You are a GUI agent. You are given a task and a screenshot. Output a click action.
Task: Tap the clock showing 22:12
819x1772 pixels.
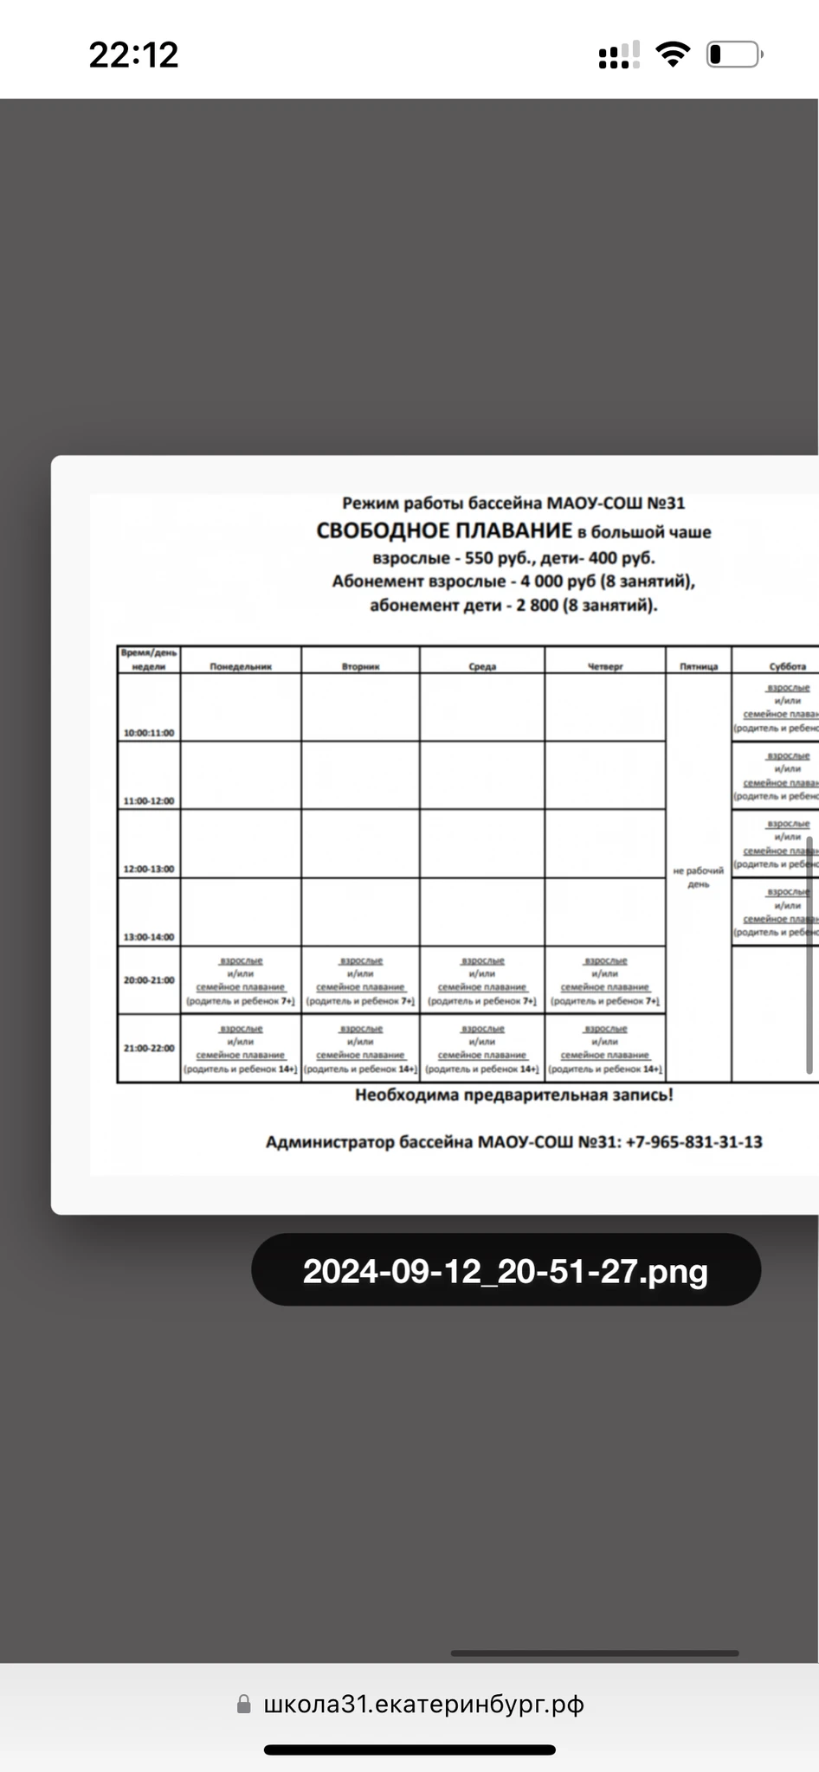coord(133,55)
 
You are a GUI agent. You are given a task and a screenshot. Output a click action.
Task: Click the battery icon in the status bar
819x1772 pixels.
coord(734,55)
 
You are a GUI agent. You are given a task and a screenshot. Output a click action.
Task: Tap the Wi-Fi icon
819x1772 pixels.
coord(672,55)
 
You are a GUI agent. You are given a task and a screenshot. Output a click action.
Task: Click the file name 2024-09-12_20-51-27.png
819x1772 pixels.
coord(506,1271)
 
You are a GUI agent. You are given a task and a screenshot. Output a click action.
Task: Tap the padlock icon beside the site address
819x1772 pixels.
coord(244,1704)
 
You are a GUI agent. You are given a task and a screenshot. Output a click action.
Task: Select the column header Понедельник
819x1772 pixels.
coord(241,666)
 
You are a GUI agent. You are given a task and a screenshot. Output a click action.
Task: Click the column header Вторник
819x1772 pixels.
coord(360,666)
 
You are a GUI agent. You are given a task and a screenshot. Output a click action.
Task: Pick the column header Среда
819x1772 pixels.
coord(482,666)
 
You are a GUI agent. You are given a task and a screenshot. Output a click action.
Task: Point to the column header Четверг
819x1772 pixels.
coord(605,666)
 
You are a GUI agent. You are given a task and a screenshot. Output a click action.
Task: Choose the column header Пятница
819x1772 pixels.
coord(699,666)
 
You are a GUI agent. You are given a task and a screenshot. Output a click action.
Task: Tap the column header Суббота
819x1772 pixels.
coord(787,666)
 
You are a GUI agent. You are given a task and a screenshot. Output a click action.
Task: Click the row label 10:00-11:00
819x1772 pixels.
coord(149,733)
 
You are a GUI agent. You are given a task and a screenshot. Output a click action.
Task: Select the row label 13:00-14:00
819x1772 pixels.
coord(149,937)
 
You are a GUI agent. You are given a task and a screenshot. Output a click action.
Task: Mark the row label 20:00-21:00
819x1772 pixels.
coord(149,980)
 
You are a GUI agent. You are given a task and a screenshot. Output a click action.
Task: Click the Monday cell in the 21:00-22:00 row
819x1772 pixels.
coord(241,1049)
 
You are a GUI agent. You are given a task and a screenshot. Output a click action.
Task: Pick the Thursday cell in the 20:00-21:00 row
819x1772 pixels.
coord(605,980)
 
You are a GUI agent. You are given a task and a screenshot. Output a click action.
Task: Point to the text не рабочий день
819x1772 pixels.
coord(699,877)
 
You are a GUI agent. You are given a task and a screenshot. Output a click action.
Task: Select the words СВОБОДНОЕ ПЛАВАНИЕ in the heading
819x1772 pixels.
coord(444,531)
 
